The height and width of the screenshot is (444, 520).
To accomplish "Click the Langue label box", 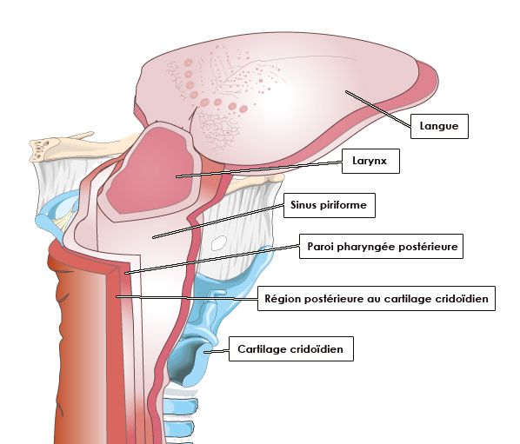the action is [x=439, y=126].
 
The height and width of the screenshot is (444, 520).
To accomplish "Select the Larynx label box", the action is [x=370, y=161].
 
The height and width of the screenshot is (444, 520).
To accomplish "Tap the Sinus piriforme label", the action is [x=330, y=205].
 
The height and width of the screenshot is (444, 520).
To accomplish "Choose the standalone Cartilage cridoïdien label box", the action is [x=291, y=349].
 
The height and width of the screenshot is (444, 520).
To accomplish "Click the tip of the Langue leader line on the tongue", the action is [x=346, y=91].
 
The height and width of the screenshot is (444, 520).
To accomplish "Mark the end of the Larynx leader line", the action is [x=177, y=176].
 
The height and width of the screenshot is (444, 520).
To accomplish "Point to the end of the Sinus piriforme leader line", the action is [x=153, y=237].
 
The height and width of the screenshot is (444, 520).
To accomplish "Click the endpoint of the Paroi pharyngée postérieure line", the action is [x=126, y=274].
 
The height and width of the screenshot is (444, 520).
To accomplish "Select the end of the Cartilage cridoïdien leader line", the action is [x=205, y=352].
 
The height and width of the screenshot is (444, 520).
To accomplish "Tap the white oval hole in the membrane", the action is [x=219, y=242].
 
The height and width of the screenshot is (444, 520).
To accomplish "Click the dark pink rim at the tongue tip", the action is [x=428, y=81].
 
